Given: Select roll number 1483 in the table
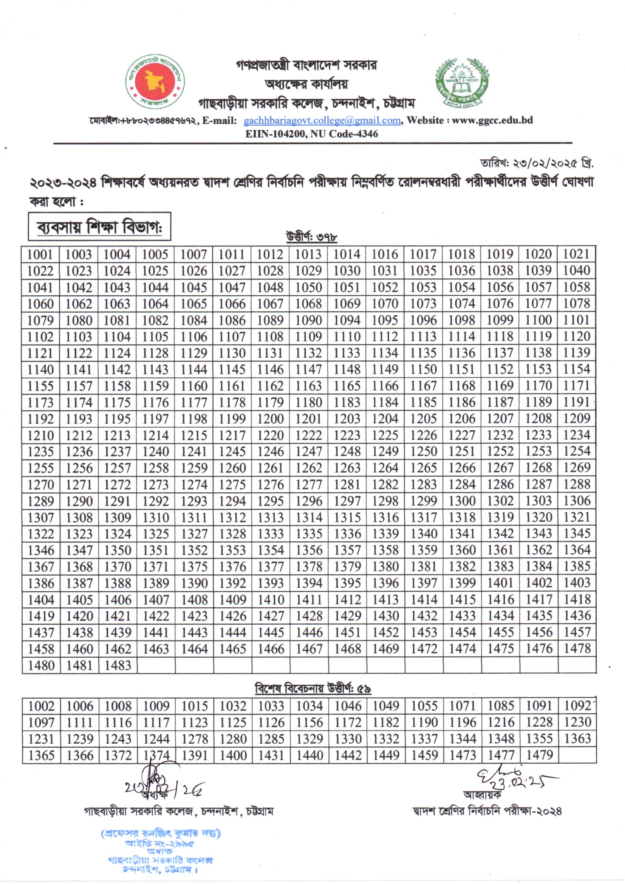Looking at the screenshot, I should (118, 665).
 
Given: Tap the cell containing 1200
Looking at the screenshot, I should (270, 419).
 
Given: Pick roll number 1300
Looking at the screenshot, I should (462, 501).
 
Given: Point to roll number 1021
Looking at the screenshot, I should (577, 254).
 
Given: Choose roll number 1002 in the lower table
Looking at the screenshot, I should (41, 706).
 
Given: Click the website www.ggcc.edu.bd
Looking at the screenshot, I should (492, 120).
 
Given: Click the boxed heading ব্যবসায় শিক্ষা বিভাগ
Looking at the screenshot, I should (99, 227).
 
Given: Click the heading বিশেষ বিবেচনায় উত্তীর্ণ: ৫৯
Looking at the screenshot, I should (312, 689).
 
